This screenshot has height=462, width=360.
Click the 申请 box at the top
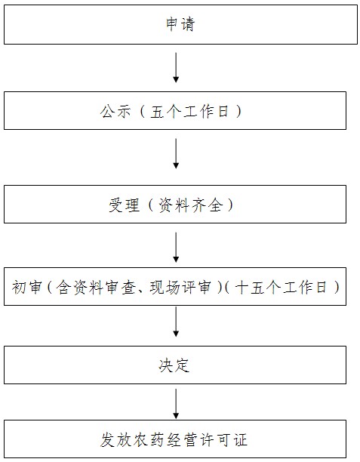click(x=180, y=24)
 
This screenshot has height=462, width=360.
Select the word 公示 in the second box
click(x=115, y=112)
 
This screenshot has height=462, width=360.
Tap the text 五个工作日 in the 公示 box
click(x=189, y=112)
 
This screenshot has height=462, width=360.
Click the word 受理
click(x=124, y=205)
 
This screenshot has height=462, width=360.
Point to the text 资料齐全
click(x=191, y=205)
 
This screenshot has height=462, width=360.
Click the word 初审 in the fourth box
click(x=26, y=287)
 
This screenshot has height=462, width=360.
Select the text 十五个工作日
click(x=281, y=287)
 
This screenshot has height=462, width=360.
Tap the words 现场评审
click(x=180, y=287)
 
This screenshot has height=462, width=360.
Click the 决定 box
click(x=175, y=365)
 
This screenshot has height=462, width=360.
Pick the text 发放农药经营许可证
click(x=174, y=440)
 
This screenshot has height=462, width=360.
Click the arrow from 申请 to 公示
click(x=176, y=67)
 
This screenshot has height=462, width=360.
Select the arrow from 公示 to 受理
click(x=176, y=153)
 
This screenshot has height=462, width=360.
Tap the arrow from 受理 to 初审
click(x=176, y=247)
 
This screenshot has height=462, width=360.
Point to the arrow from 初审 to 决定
click(x=176, y=322)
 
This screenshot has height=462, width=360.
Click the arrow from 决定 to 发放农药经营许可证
click(x=176, y=404)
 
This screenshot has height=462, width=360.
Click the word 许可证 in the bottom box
click(x=223, y=440)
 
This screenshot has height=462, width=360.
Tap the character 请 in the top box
click(x=188, y=24)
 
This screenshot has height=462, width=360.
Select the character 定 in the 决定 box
click(x=182, y=365)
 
